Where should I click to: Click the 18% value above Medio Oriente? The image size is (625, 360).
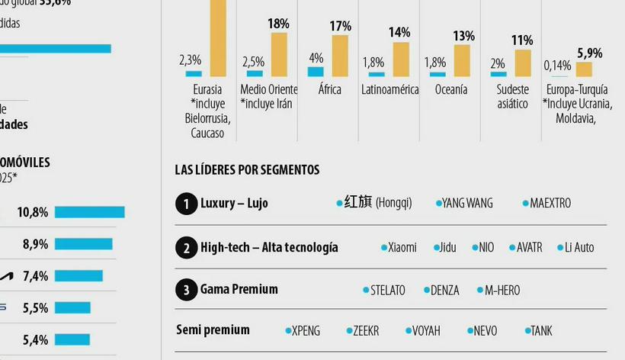coord(278,24)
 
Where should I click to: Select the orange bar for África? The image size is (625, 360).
coord(340,56)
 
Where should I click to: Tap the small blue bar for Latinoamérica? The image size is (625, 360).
coord(376,74)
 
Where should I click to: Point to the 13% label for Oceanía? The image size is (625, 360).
coord(463,36)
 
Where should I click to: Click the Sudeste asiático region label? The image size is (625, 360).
coord(512,97)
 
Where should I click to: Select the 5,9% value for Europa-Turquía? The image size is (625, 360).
coord(589,53)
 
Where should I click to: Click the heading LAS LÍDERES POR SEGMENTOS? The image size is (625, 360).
coord(247,170)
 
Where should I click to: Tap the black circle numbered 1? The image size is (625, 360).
coord(185,204)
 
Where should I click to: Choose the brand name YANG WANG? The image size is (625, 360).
coord(466,203)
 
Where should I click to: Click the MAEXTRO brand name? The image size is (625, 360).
coord(550,203)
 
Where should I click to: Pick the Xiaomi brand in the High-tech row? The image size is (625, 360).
coord(402,247)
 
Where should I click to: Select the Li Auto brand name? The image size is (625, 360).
coord(579,247)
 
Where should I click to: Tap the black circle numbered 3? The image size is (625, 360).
coord(185,290)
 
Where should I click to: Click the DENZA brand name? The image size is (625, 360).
coord(444,291)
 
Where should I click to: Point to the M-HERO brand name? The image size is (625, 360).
coord(502,291)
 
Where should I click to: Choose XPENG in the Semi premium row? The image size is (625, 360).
coord(306,331)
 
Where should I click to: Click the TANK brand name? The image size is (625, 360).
coord(541,331)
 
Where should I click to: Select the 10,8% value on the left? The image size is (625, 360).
coord(33,212)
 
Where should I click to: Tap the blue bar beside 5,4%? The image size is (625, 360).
coord(72,339)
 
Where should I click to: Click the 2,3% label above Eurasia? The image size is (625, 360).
coord(190,59)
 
